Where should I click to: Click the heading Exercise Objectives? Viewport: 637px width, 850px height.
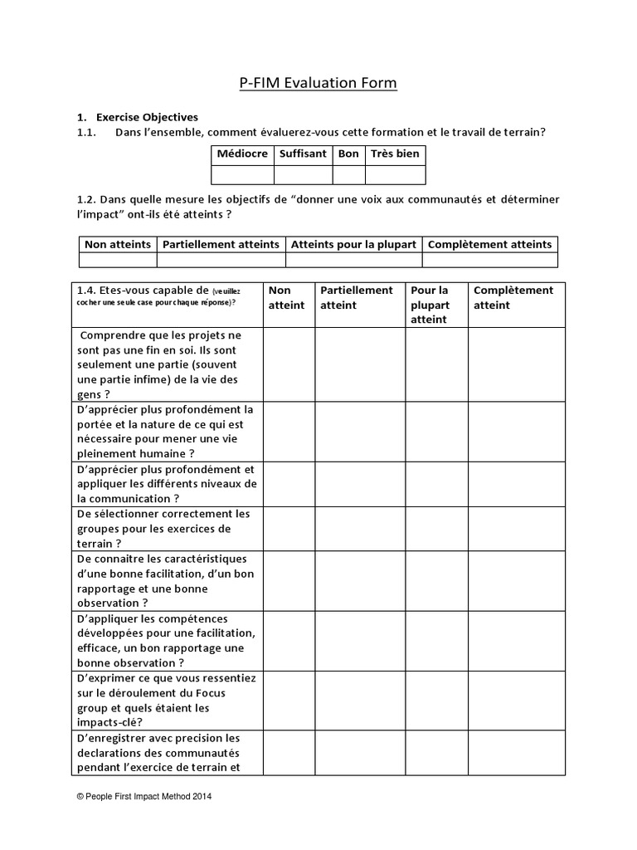(x=147, y=117)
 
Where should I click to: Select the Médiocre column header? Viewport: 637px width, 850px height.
(x=242, y=154)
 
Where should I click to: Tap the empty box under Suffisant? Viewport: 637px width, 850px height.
(x=303, y=174)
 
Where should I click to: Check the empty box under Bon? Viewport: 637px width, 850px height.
(x=348, y=174)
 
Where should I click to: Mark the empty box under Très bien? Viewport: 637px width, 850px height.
(x=395, y=174)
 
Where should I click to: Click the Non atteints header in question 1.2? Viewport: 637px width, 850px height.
(x=118, y=244)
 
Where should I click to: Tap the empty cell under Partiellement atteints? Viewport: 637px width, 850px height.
(x=221, y=260)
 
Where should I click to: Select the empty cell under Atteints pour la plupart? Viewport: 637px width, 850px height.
(x=353, y=260)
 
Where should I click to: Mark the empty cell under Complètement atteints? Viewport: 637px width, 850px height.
(x=489, y=260)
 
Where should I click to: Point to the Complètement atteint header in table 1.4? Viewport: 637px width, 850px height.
(x=513, y=297)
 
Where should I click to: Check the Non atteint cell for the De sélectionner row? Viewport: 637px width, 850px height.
(x=288, y=529)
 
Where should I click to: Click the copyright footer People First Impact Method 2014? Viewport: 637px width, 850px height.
(x=144, y=796)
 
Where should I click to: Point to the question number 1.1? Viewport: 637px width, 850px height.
(x=87, y=133)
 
